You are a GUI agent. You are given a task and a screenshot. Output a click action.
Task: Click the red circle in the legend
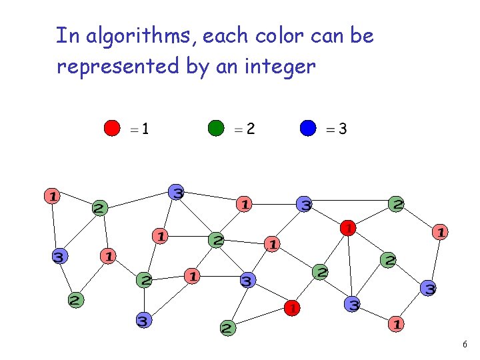(x=112, y=128)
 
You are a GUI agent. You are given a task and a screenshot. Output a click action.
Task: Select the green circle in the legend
(x=217, y=128)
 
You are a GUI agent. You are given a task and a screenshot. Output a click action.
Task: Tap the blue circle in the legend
(x=307, y=128)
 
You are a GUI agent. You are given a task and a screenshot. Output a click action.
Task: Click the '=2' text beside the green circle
(x=244, y=129)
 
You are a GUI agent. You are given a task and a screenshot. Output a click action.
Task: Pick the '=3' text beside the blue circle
(x=335, y=129)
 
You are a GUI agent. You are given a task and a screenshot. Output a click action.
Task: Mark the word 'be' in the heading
(x=362, y=35)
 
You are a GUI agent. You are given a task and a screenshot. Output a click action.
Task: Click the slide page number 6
(x=465, y=345)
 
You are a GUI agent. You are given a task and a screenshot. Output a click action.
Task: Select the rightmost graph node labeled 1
(x=440, y=232)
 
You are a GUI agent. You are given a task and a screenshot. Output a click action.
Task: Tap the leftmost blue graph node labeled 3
(x=60, y=256)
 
